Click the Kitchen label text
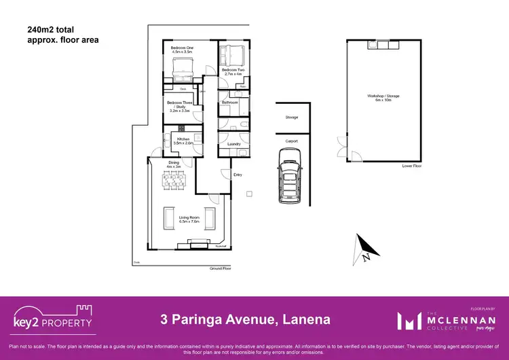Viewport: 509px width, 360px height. (184, 141)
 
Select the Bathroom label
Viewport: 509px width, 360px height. (229, 103)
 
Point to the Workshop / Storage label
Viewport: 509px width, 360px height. (383, 97)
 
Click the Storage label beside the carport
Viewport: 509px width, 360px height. (292, 118)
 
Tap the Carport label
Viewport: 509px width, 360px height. (292, 141)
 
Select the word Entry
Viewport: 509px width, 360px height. (238, 175)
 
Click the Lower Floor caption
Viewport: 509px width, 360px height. (412, 165)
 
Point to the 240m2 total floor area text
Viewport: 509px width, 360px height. (62, 35)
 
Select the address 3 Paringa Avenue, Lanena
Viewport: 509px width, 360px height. (245, 319)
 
